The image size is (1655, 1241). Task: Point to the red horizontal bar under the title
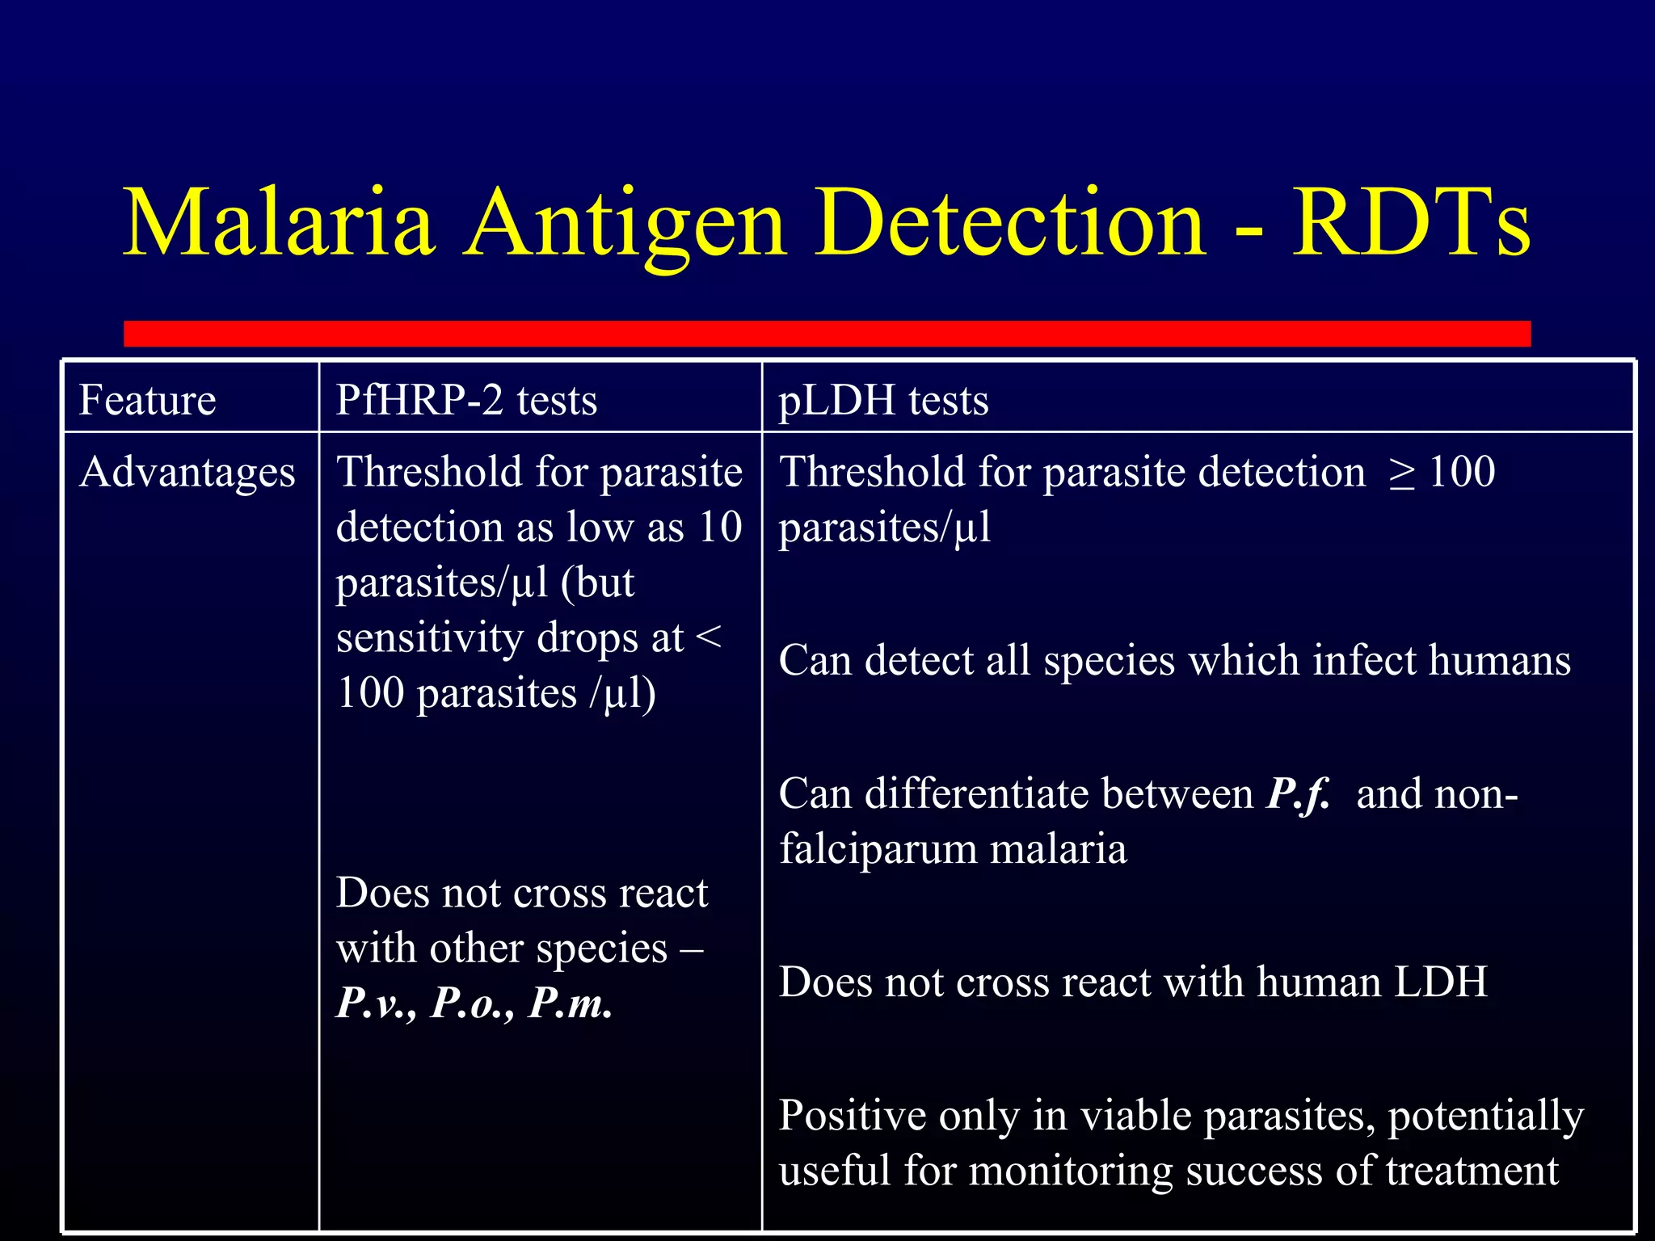(x=827, y=333)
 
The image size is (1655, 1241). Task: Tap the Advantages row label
(x=187, y=472)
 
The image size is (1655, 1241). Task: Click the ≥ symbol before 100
(x=1402, y=473)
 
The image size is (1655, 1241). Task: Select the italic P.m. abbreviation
(x=571, y=1003)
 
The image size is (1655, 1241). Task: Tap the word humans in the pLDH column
(x=1499, y=661)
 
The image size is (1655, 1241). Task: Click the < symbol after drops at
(x=708, y=638)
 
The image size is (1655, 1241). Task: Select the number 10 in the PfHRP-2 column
(x=720, y=528)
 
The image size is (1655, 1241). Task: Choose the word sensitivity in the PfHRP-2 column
(x=430, y=638)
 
